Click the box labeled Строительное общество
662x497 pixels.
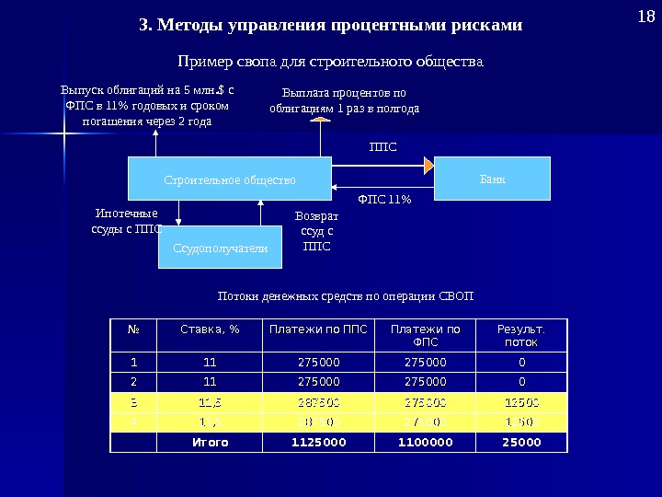pyautogui.click(x=229, y=179)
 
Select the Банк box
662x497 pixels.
pyautogui.click(x=492, y=178)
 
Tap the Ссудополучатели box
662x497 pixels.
pyautogui.click(x=221, y=248)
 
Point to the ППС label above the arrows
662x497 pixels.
pyautogui.click(x=382, y=146)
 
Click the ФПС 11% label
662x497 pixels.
pyautogui.click(x=383, y=198)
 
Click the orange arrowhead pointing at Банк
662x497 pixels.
pyautogui.click(x=428, y=166)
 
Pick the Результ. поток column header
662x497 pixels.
pyautogui.click(x=521, y=335)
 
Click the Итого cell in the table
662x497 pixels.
pyautogui.click(x=210, y=442)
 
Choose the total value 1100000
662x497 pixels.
pyautogui.click(x=426, y=442)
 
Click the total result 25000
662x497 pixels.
pyautogui.click(x=521, y=442)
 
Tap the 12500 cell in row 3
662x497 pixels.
pyautogui.click(x=521, y=401)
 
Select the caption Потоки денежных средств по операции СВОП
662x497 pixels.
pyautogui.click(x=345, y=296)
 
